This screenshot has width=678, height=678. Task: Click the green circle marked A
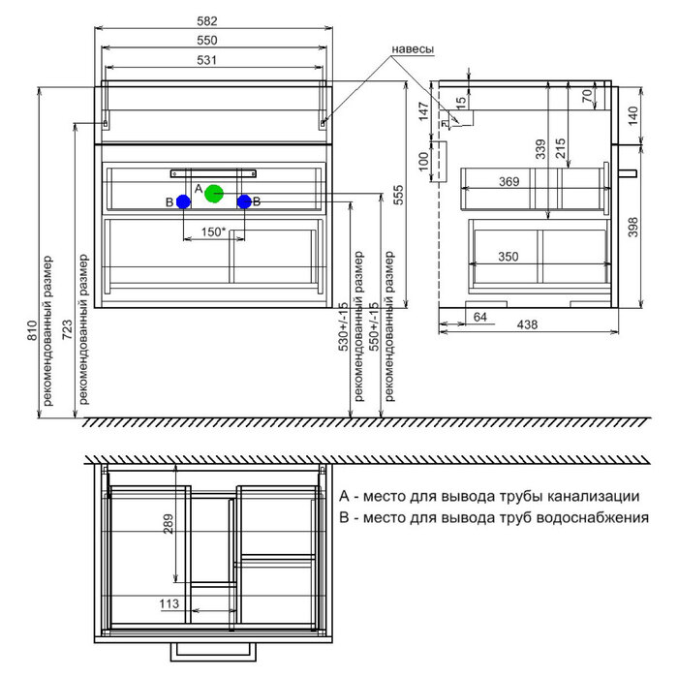click(x=214, y=194)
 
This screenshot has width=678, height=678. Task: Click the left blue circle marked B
click(x=183, y=201)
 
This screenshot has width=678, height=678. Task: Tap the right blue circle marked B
click(x=244, y=201)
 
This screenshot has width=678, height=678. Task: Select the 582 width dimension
click(x=207, y=21)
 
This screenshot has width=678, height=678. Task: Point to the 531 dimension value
click(x=206, y=60)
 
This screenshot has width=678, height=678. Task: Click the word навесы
click(x=413, y=49)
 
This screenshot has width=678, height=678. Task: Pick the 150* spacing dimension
click(x=213, y=231)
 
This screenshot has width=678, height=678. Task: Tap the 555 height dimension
click(x=398, y=195)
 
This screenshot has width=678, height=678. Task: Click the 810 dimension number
click(x=32, y=330)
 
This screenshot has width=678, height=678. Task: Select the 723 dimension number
click(x=68, y=329)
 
